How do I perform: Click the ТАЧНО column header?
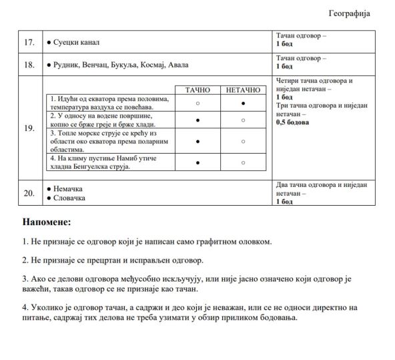pyautogui.click(x=198, y=89)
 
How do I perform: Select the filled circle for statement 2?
pyautogui.click(x=198, y=120)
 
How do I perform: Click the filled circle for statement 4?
pyautogui.click(x=198, y=162)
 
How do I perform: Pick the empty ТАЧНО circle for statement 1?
pyautogui.click(x=198, y=104)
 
